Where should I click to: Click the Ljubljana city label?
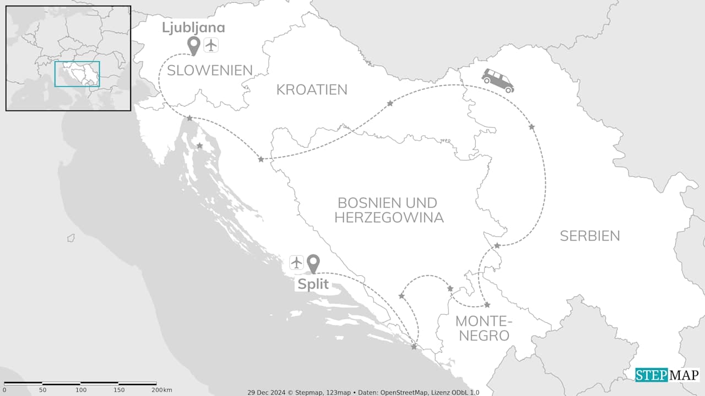193,28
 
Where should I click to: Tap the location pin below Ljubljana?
193,46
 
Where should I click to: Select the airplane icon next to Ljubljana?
211,45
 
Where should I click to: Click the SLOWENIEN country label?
210,70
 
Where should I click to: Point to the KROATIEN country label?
312,89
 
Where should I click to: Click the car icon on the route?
497,81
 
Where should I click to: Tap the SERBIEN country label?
590,236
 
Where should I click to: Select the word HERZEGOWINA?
389,217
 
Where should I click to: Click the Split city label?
313,285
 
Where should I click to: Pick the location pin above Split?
313,264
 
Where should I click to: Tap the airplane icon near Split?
297,263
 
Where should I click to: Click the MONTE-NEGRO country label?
484,328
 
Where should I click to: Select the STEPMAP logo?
667,375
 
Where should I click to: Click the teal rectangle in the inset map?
77,74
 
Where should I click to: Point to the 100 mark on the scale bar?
81,390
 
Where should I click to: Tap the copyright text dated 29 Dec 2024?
363,392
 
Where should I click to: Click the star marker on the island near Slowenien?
200,146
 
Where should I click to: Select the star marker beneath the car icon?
532,127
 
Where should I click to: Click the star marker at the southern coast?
414,346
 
